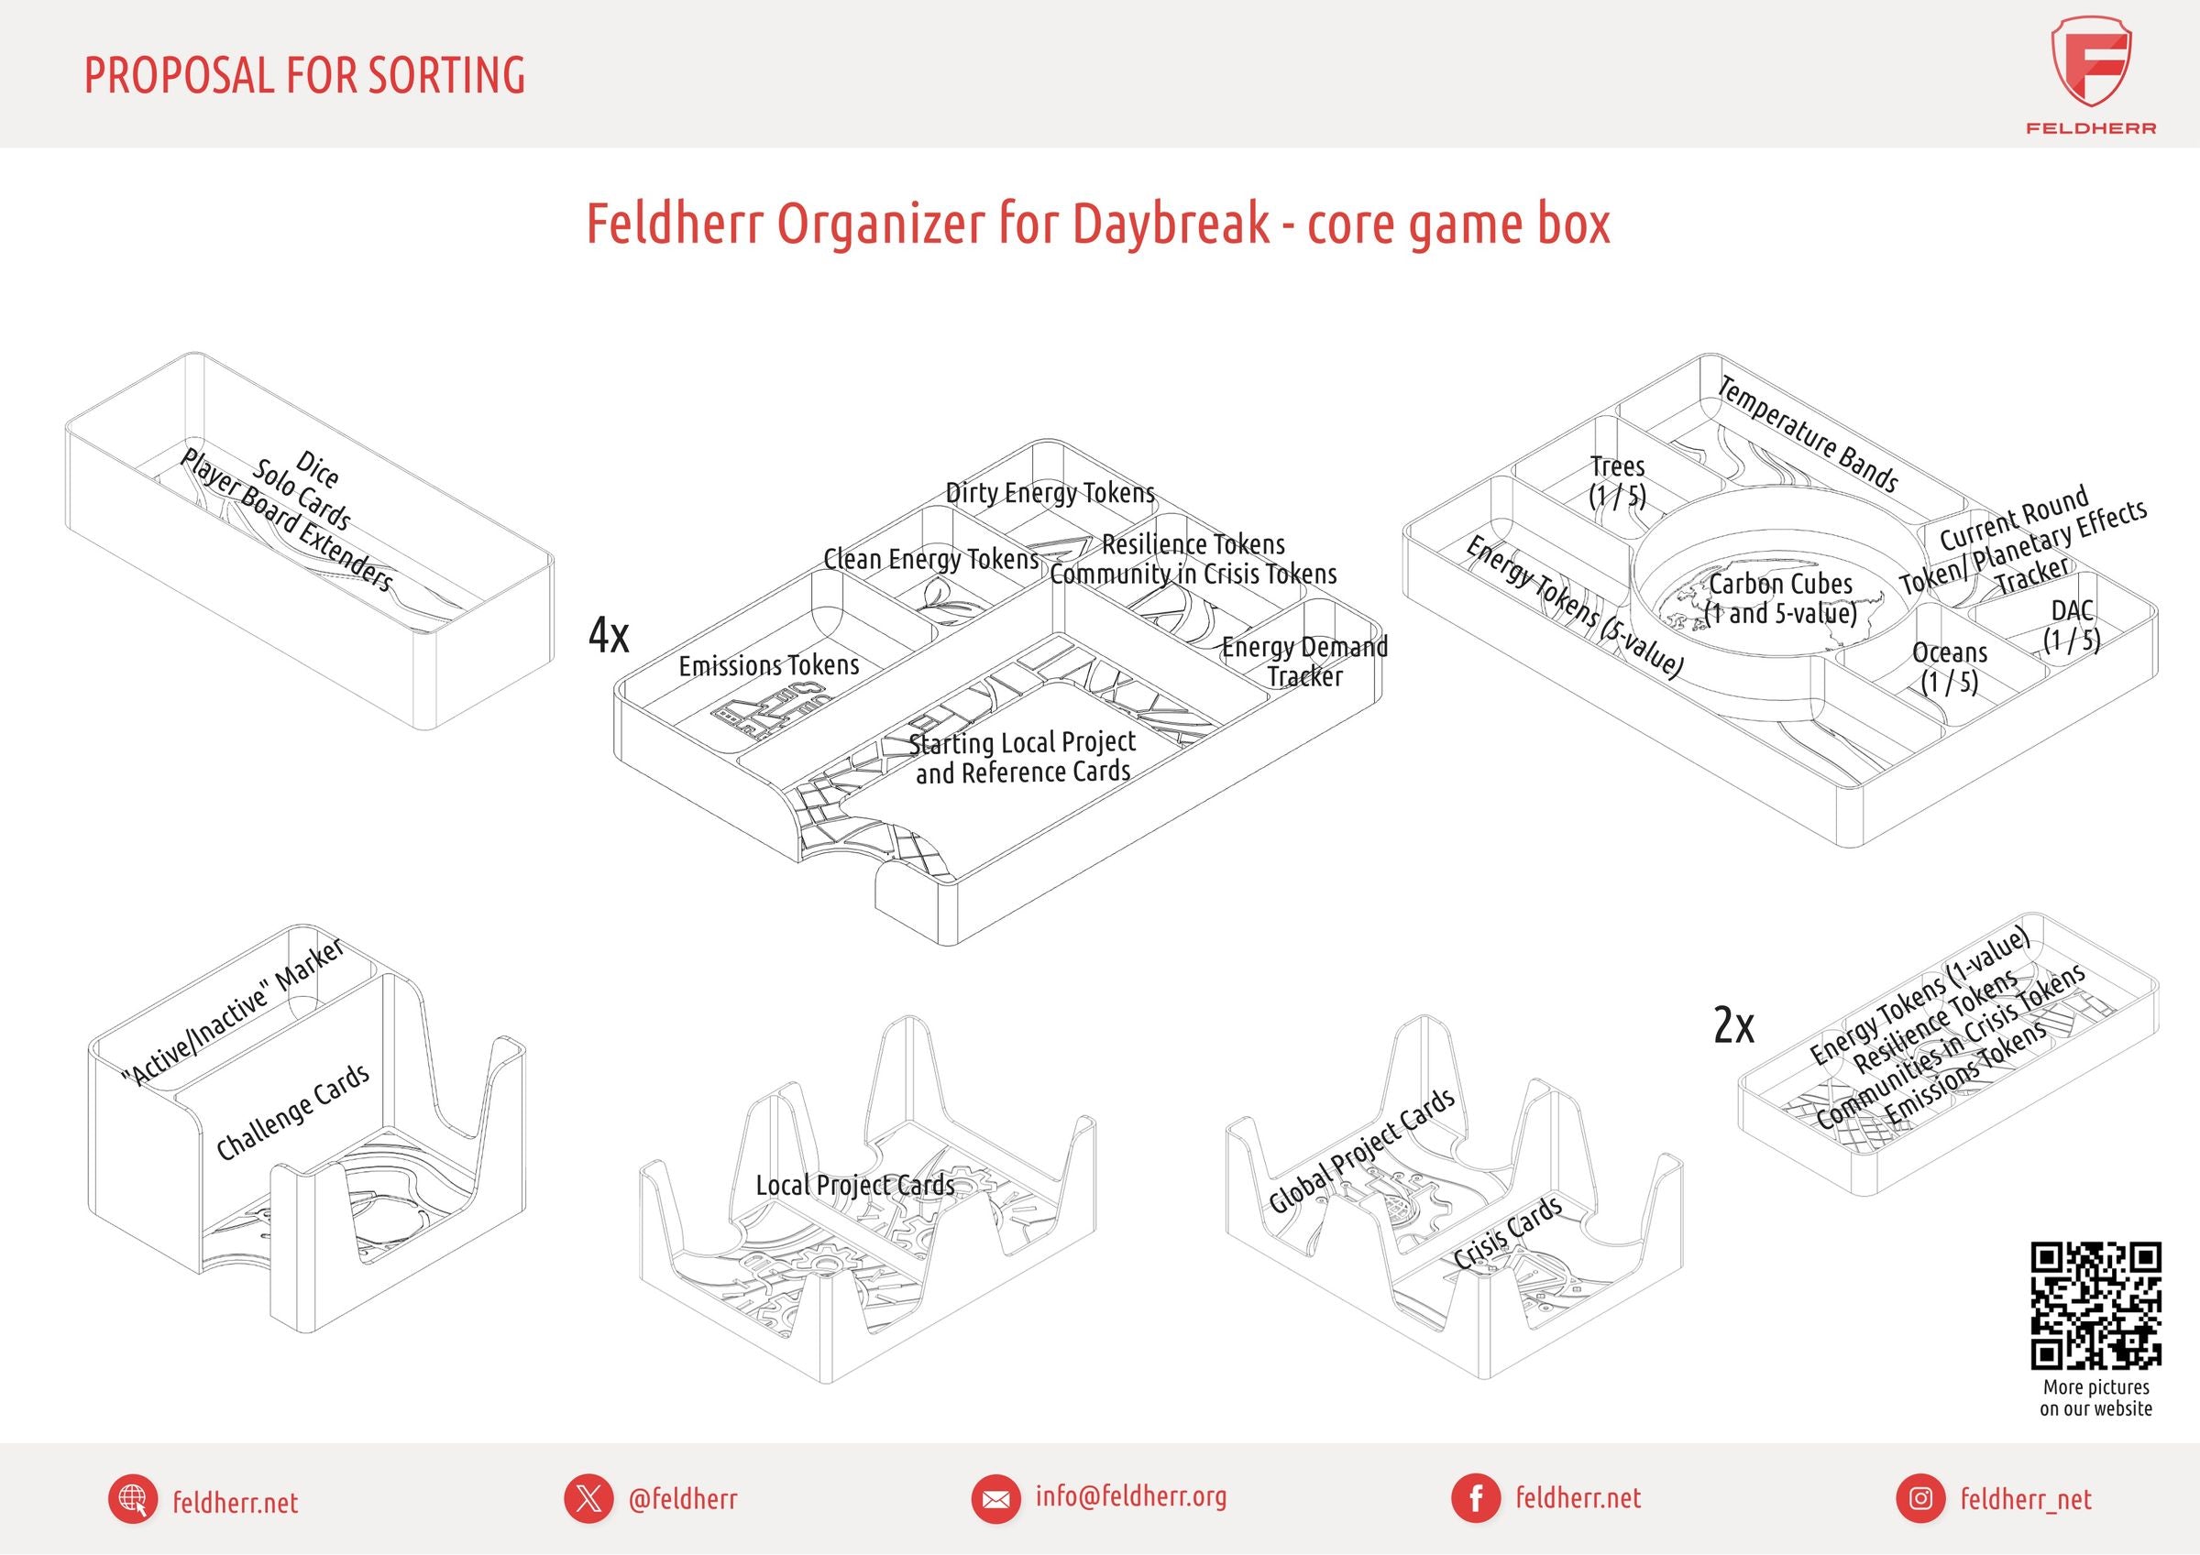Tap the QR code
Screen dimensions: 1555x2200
2095,1305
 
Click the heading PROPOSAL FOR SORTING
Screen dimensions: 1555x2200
304,76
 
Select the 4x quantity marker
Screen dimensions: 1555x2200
610,634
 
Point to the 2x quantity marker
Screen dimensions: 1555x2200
1733,1026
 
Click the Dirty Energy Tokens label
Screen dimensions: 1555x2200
1050,493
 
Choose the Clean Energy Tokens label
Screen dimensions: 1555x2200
930,560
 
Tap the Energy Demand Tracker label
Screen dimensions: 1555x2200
1304,661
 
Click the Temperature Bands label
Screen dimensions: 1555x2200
1807,434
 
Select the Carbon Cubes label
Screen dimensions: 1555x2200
1780,597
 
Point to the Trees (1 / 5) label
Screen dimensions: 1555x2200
1617,481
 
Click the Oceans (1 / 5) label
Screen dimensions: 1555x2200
1949,667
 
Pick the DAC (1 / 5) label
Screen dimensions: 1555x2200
2073,625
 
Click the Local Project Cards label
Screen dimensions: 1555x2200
854,1185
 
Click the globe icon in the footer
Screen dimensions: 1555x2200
132,1499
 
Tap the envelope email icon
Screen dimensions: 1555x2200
995,1499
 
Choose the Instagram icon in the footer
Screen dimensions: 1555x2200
1920,1499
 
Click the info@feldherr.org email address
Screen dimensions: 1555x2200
1130,1496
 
